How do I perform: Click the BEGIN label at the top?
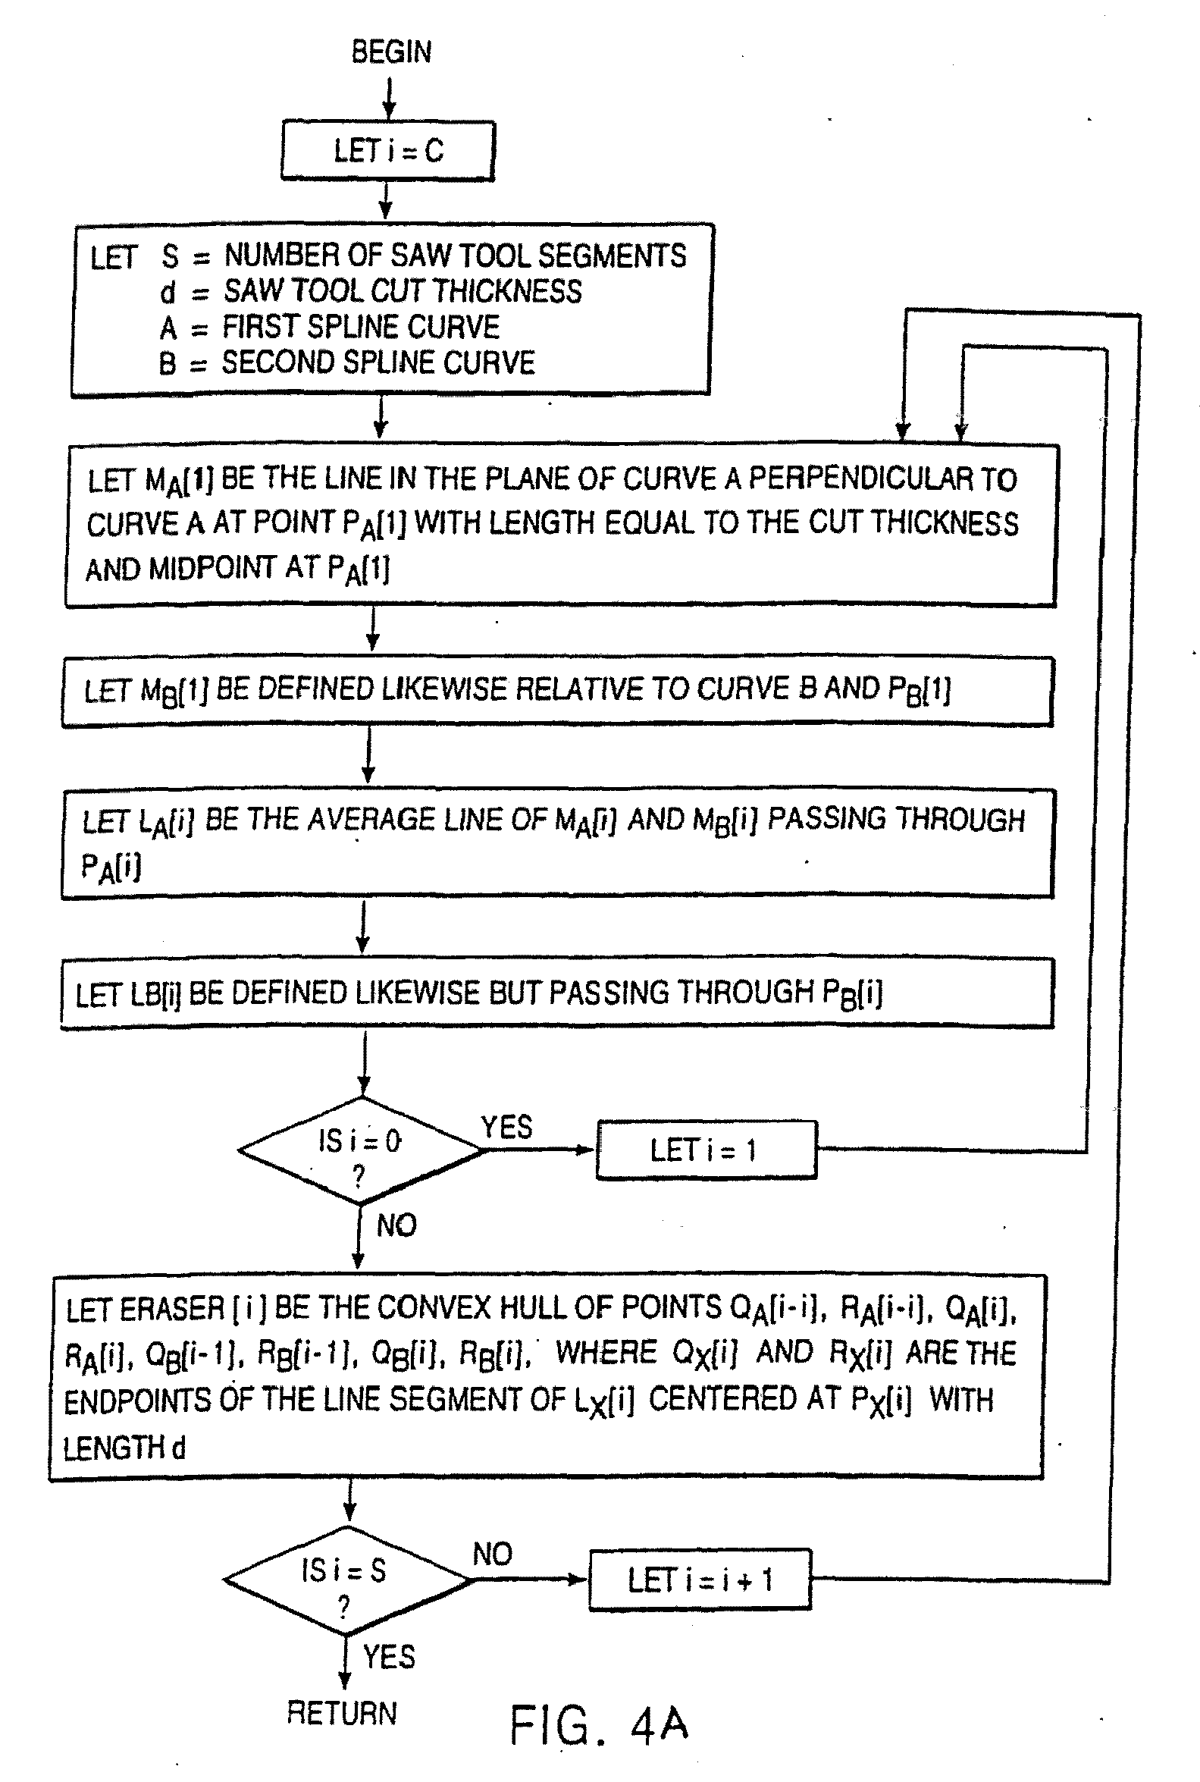391,52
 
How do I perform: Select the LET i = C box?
388,151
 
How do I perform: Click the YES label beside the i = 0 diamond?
506,1127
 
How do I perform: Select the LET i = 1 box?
706,1150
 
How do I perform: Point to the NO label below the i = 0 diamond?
396,1225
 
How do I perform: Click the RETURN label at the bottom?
341,1712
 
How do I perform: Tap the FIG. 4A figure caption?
599,1724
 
